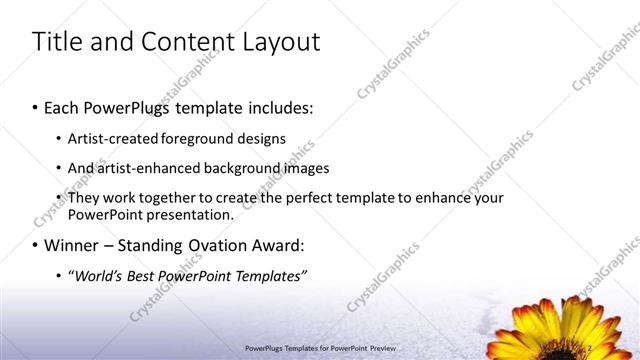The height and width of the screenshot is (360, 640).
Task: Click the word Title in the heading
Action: (x=57, y=42)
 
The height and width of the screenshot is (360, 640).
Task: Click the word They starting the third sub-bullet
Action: (x=84, y=198)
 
